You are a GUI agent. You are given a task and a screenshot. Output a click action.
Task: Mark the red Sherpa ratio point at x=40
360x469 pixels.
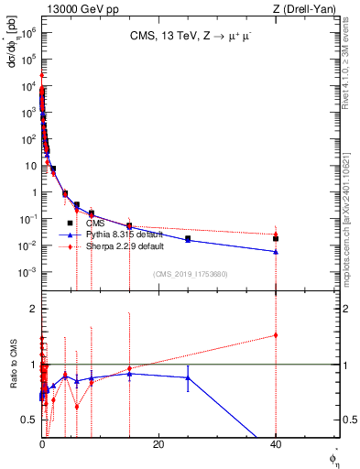coord(275,334)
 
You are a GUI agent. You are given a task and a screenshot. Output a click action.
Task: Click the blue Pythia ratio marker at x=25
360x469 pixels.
coord(188,377)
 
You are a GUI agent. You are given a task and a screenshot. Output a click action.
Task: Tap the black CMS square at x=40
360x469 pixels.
coord(275,238)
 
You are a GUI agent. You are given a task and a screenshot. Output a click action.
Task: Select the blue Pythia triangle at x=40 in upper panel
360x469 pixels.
coord(275,252)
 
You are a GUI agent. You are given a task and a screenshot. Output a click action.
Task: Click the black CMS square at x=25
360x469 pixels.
coord(188,239)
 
